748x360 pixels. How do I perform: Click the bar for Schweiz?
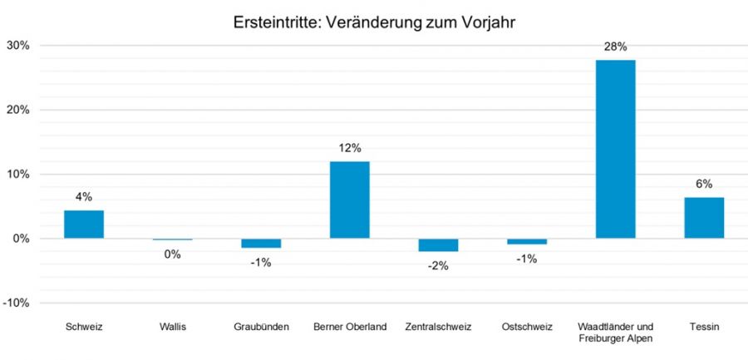[x=84, y=224]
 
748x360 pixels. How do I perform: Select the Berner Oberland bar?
[x=350, y=200]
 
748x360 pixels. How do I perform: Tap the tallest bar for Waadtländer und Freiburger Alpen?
[x=616, y=149]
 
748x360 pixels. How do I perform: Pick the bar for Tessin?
[x=704, y=218]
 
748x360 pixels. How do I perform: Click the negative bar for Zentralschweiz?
[x=438, y=244]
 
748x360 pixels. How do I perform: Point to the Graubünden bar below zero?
[x=261, y=243]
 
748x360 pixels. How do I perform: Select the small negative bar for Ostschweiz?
[x=527, y=241]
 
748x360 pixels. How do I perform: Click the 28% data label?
[x=616, y=47]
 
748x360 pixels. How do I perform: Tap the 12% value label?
[x=350, y=148]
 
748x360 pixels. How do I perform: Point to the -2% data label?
[x=438, y=265]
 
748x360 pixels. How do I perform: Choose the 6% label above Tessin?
[x=704, y=185]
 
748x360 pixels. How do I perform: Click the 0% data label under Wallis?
[x=172, y=254]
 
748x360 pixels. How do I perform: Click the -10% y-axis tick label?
[x=17, y=303]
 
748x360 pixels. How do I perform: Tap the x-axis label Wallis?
[x=172, y=327]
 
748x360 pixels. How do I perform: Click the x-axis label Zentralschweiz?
[x=438, y=327]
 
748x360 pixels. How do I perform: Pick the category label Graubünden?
[x=261, y=327]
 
